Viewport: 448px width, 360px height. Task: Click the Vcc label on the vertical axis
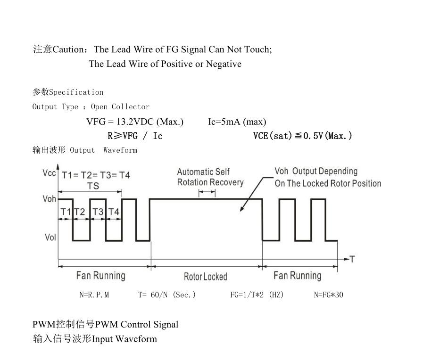click(x=49, y=173)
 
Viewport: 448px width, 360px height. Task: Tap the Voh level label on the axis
click(x=49, y=199)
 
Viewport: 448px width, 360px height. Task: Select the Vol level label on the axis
click(x=50, y=237)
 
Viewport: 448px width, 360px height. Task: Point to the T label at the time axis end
click(x=352, y=259)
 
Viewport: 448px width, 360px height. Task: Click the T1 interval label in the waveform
click(x=66, y=212)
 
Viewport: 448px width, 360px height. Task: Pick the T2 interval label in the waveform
click(x=80, y=212)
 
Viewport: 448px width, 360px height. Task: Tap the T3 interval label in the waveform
click(x=98, y=212)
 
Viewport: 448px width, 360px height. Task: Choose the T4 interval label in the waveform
click(x=114, y=212)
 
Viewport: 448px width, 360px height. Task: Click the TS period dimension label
click(x=93, y=186)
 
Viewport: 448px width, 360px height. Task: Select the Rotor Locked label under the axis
click(x=205, y=277)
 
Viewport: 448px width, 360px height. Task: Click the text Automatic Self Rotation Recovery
click(x=210, y=177)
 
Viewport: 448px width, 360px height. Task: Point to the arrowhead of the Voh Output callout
click(x=241, y=210)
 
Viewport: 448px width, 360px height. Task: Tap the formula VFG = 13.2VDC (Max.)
click(x=135, y=122)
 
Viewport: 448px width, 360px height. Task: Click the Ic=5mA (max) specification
click(x=237, y=122)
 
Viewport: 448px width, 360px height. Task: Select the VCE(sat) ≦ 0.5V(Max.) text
click(x=302, y=136)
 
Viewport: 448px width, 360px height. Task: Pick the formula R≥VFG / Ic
click(x=135, y=136)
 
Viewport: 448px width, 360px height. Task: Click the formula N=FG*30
click(x=329, y=295)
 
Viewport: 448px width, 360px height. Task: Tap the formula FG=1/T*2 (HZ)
click(x=257, y=295)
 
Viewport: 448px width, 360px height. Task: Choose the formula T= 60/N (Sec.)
click(x=167, y=295)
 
